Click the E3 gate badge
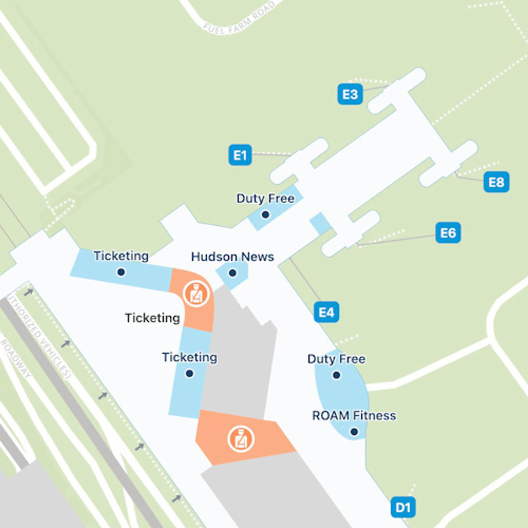coord(350,94)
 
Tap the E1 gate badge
coord(240,155)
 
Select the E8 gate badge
coord(496,182)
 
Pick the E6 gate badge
coord(448,233)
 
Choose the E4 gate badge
coord(326,312)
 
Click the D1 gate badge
coord(403,508)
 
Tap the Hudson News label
coord(232,257)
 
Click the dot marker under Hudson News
coord(232,273)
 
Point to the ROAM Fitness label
coord(354,415)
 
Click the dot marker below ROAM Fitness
coord(354,432)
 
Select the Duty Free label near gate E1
coord(265,198)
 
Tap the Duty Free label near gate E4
coord(336,359)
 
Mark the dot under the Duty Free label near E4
coord(337,375)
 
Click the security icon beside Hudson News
coord(196,293)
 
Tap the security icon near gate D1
coord(241,439)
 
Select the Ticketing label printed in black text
coord(152,318)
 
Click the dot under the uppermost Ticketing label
coord(121,272)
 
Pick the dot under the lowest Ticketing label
coord(190,374)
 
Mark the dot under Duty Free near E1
coord(265,215)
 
